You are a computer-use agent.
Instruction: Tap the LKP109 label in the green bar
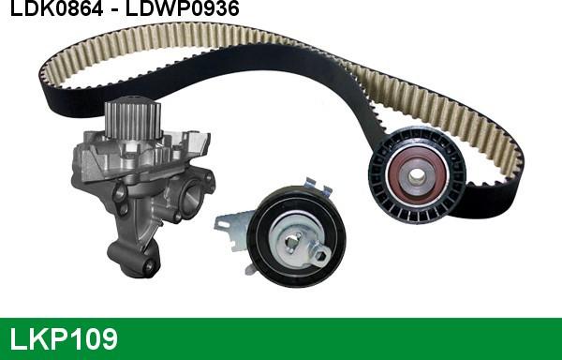point(64,338)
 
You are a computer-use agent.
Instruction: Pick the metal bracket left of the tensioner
point(230,231)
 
